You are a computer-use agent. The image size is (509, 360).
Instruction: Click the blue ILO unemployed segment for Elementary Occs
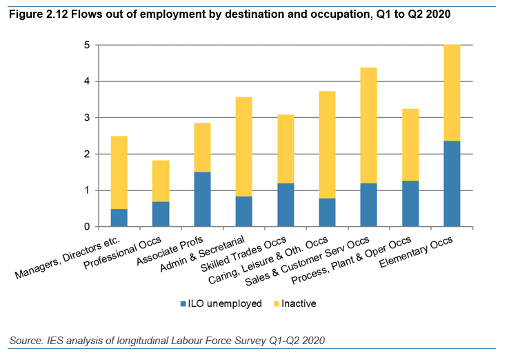point(452,183)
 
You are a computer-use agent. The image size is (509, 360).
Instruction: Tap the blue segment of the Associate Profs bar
point(203,199)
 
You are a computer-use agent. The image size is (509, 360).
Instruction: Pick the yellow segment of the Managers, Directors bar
point(119,172)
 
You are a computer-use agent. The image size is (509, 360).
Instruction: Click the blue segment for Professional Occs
point(161,214)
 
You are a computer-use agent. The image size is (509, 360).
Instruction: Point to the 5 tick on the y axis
point(89,46)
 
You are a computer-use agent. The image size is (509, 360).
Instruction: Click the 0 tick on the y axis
point(89,227)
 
